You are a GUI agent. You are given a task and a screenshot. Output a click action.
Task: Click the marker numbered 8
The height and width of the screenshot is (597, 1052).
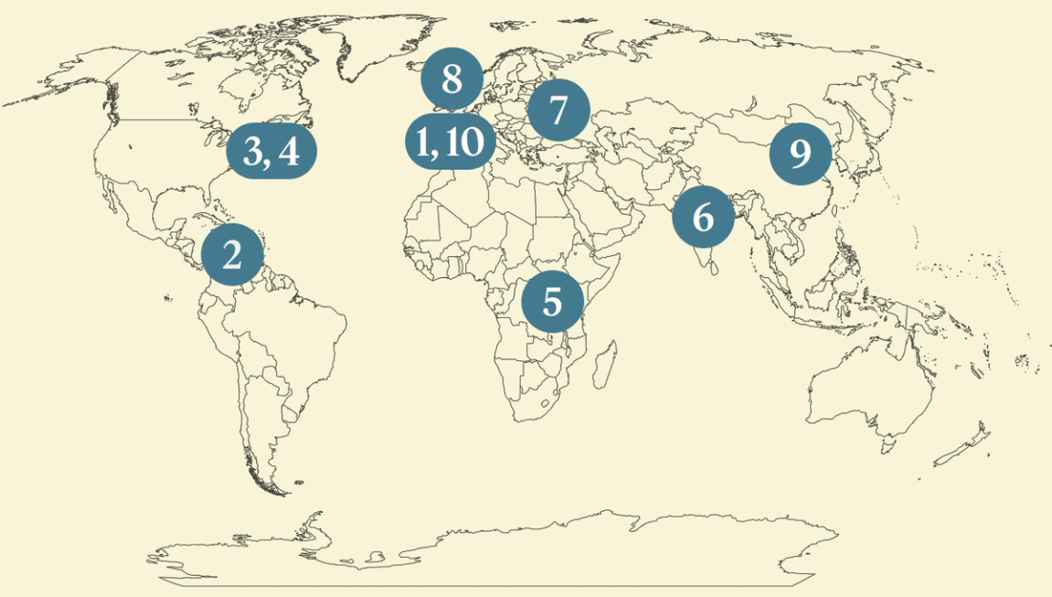click(x=452, y=80)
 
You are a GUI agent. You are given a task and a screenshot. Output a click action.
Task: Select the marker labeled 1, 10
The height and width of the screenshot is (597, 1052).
click(x=451, y=143)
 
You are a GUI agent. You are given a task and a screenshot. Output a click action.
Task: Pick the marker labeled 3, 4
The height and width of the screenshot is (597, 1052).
click(x=271, y=151)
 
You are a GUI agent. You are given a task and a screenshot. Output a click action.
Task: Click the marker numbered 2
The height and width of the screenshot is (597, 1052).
click(x=232, y=255)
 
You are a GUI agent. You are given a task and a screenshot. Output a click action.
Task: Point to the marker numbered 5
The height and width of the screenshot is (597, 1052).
click(x=552, y=302)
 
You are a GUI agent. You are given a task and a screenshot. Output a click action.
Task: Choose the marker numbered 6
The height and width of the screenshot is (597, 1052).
click(x=703, y=218)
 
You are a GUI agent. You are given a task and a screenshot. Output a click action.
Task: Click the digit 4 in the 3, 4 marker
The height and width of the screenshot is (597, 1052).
click(x=289, y=152)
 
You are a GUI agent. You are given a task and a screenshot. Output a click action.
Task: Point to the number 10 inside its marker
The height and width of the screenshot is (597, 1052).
click(x=465, y=143)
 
